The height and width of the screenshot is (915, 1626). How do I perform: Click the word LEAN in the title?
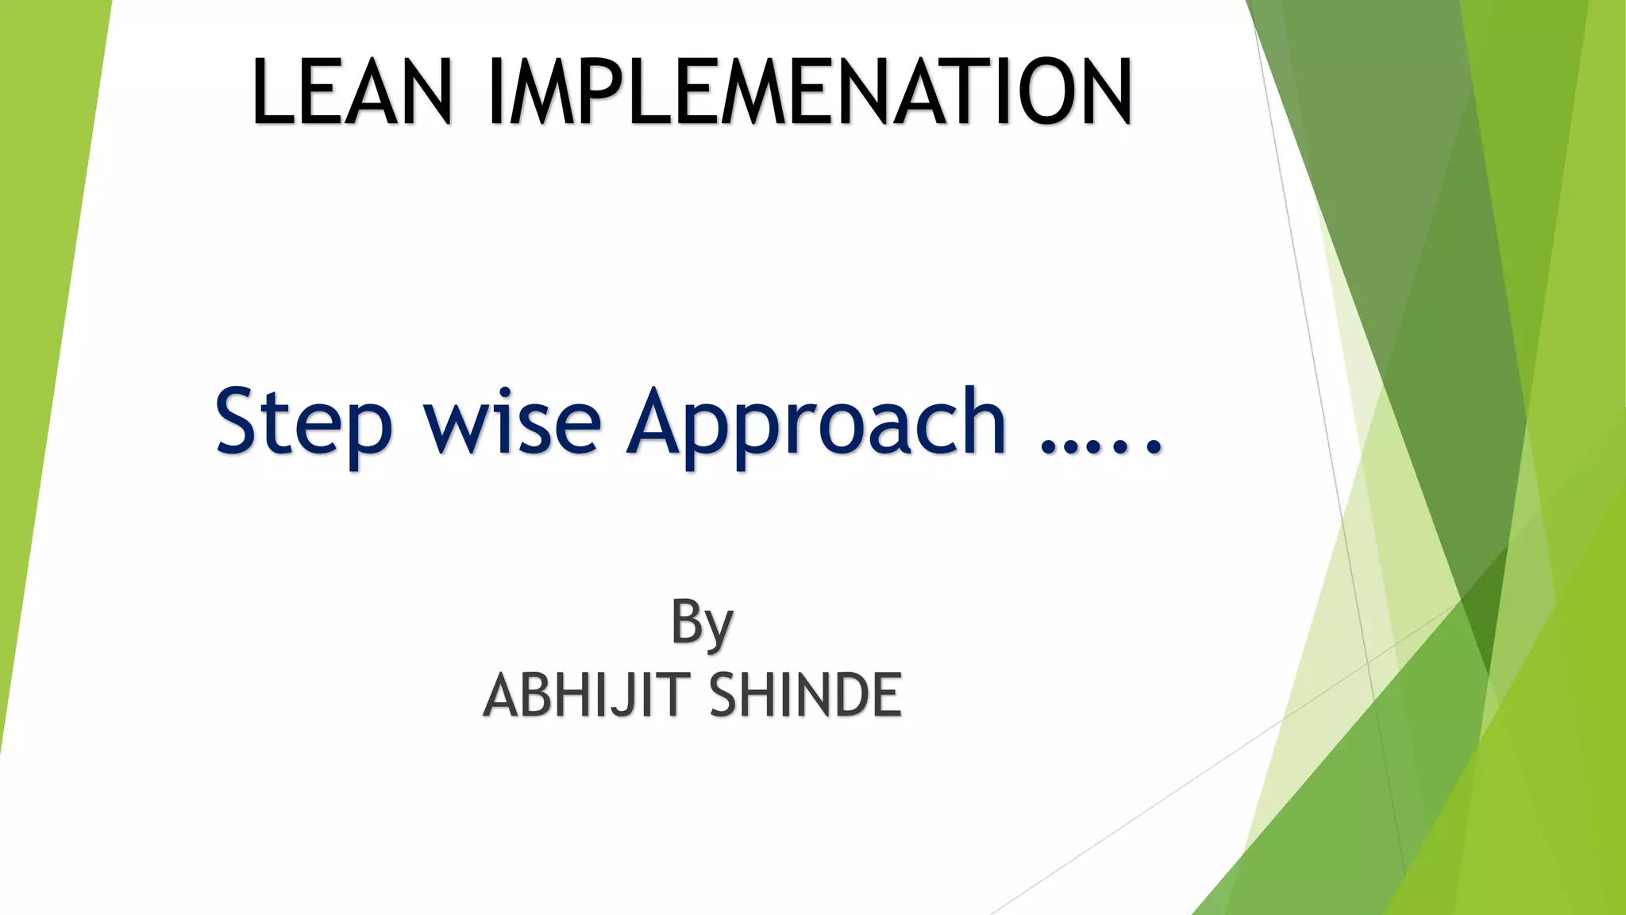[352, 92]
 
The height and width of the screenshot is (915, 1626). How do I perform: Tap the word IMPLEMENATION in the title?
[811, 92]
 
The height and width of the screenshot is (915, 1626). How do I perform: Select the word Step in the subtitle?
[303, 423]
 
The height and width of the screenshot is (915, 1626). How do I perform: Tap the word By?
[702, 624]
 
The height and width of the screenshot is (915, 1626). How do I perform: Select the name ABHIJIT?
[586, 695]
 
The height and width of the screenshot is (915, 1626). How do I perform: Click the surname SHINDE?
[805, 695]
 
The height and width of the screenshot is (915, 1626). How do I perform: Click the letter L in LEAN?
[272, 92]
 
